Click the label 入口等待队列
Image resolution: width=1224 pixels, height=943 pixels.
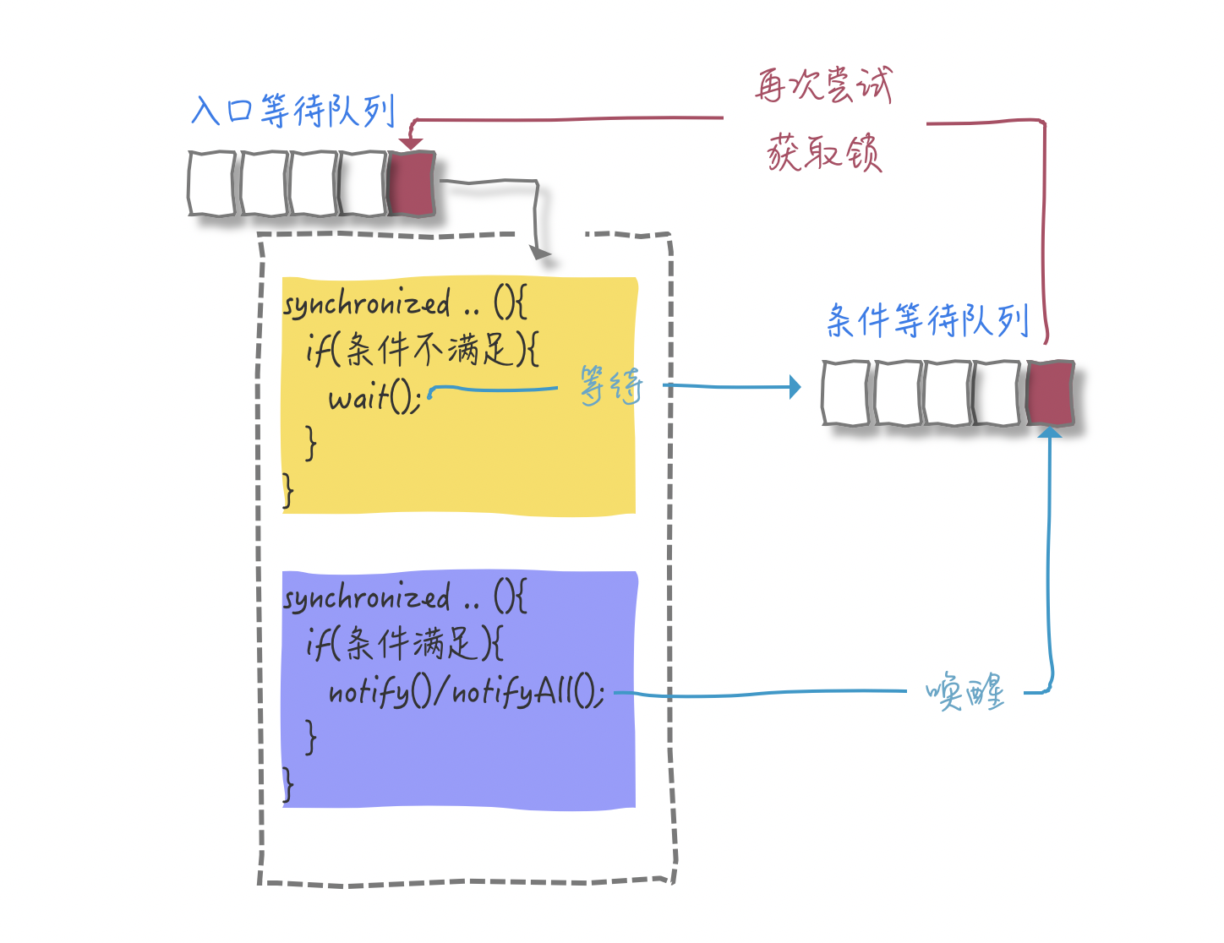293,111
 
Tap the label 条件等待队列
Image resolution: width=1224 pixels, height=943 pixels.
927,321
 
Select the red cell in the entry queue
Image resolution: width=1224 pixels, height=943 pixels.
411,183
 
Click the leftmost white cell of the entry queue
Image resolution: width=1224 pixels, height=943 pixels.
212,183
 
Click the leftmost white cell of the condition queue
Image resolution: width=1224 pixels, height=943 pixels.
846,393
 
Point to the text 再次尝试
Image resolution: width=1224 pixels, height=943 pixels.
823,85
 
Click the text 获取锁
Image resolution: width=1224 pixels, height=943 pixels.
824,153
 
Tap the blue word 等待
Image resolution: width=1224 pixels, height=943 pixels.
610,386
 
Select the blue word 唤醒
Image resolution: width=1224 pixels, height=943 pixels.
964,692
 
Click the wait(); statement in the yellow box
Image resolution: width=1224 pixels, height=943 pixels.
374,396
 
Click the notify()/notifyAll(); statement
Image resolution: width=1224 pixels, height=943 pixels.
466,692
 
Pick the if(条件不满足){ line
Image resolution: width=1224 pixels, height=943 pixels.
422,349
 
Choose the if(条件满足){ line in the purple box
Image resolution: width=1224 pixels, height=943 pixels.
405,645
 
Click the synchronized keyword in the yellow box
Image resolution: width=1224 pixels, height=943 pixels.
367,304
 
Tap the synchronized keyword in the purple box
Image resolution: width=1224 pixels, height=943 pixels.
367,598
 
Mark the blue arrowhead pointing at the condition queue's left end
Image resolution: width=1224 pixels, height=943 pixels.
795,387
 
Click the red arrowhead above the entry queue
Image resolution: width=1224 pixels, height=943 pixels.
411,144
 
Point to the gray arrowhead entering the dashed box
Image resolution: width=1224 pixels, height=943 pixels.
540,252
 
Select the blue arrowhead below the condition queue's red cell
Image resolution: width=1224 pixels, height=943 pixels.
1049,433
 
